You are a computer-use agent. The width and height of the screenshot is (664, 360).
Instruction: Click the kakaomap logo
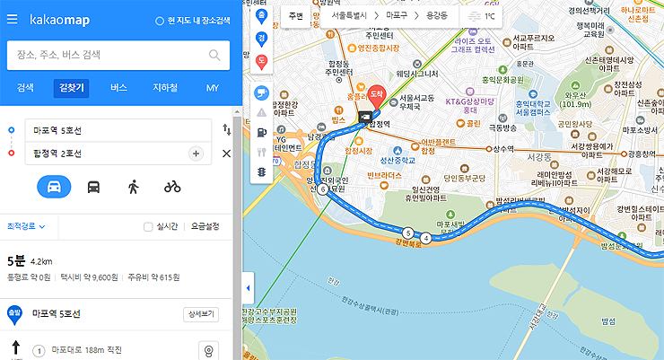click(x=57, y=19)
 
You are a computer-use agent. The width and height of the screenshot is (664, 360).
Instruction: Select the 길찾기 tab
click(x=70, y=88)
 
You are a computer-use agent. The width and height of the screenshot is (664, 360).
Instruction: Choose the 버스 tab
click(x=118, y=88)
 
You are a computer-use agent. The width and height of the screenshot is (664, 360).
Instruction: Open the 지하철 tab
click(x=165, y=88)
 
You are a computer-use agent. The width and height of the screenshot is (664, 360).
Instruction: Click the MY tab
click(x=212, y=88)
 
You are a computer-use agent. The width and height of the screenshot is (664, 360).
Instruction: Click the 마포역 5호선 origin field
click(x=117, y=131)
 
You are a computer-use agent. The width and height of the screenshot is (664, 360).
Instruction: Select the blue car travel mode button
click(x=54, y=187)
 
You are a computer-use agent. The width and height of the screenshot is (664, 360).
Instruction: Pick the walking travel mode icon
click(x=133, y=187)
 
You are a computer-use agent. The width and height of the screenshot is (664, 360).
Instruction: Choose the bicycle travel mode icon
click(x=172, y=187)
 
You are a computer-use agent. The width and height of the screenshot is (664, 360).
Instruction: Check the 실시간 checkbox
click(x=148, y=227)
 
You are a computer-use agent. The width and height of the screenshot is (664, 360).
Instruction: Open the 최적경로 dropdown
click(x=27, y=227)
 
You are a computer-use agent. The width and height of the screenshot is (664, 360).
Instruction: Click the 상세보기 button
click(x=200, y=314)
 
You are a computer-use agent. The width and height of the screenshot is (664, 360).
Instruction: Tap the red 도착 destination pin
click(x=377, y=93)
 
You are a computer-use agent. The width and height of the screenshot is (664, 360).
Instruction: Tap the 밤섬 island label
click(x=610, y=320)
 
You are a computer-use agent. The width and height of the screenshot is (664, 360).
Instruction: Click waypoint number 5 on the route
click(x=408, y=233)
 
